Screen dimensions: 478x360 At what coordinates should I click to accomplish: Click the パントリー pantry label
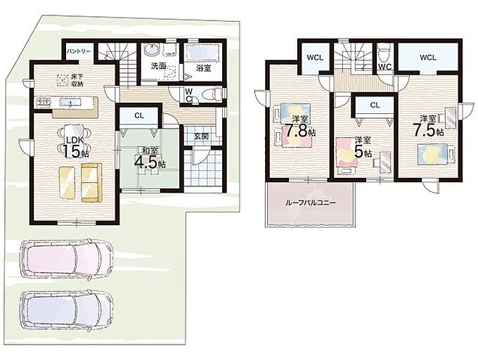[79, 51]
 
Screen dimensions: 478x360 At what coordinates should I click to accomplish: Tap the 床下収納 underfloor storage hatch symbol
[64, 80]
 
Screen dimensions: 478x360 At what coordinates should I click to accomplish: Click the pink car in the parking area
[65, 259]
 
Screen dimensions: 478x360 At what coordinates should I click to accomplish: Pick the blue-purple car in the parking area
[65, 311]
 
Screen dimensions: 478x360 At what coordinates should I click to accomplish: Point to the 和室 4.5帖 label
[150, 158]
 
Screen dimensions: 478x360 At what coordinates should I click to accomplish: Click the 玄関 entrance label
[201, 136]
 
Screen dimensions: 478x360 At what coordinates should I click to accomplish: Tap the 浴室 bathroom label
[203, 68]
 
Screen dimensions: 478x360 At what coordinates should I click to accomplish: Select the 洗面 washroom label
[158, 66]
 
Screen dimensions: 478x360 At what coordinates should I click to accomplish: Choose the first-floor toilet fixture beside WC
[212, 93]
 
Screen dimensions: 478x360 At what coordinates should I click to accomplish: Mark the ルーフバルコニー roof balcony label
[310, 202]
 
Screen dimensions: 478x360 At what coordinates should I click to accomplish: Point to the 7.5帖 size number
[427, 129]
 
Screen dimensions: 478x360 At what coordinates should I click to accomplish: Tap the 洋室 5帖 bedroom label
[363, 148]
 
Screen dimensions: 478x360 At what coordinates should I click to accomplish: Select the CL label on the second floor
[375, 105]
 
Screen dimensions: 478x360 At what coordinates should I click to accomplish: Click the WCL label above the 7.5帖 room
[428, 58]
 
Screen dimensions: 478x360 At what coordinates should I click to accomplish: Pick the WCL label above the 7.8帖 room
[315, 58]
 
